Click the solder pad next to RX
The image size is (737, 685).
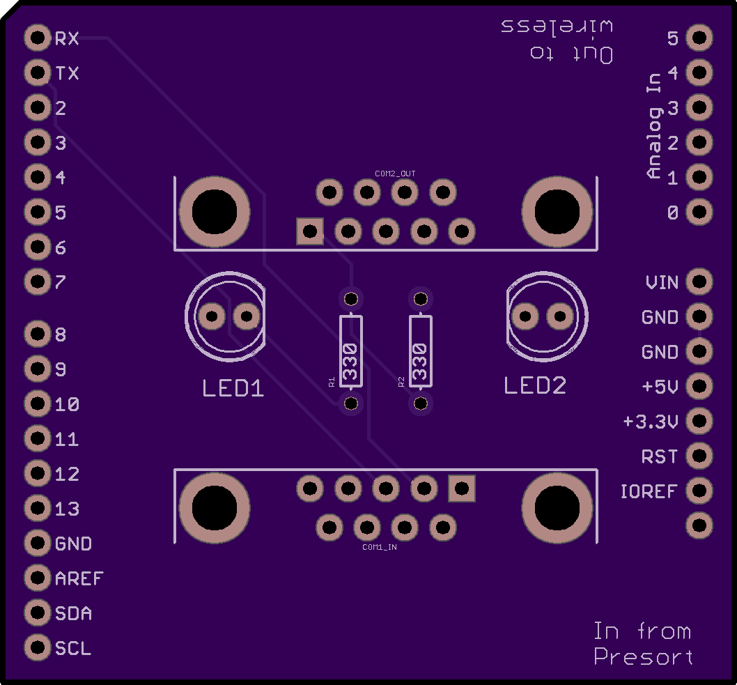[38, 38]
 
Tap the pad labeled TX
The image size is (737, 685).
[38, 72]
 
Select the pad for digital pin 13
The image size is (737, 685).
[38, 508]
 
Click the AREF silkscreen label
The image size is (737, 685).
[79, 578]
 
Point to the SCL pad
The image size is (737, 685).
[38, 647]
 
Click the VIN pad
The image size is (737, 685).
[699, 281]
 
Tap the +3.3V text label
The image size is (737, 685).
[651, 422]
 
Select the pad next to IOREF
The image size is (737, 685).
[699, 491]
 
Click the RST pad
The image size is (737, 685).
[699, 456]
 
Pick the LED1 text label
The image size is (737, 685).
[233, 388]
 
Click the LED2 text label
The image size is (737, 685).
[535, 385]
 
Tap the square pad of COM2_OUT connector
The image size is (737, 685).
[310, 231]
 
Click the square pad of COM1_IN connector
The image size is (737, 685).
[462, 488]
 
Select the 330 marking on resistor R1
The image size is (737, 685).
[350, 362]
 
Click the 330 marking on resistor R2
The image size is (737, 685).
[420, 362]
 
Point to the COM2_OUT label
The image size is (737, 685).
[395, 174]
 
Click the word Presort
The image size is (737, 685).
[644, 657]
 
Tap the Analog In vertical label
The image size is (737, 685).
[654, 126]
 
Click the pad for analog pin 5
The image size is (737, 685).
[699, 38]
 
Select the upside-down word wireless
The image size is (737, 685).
[557, 26]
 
